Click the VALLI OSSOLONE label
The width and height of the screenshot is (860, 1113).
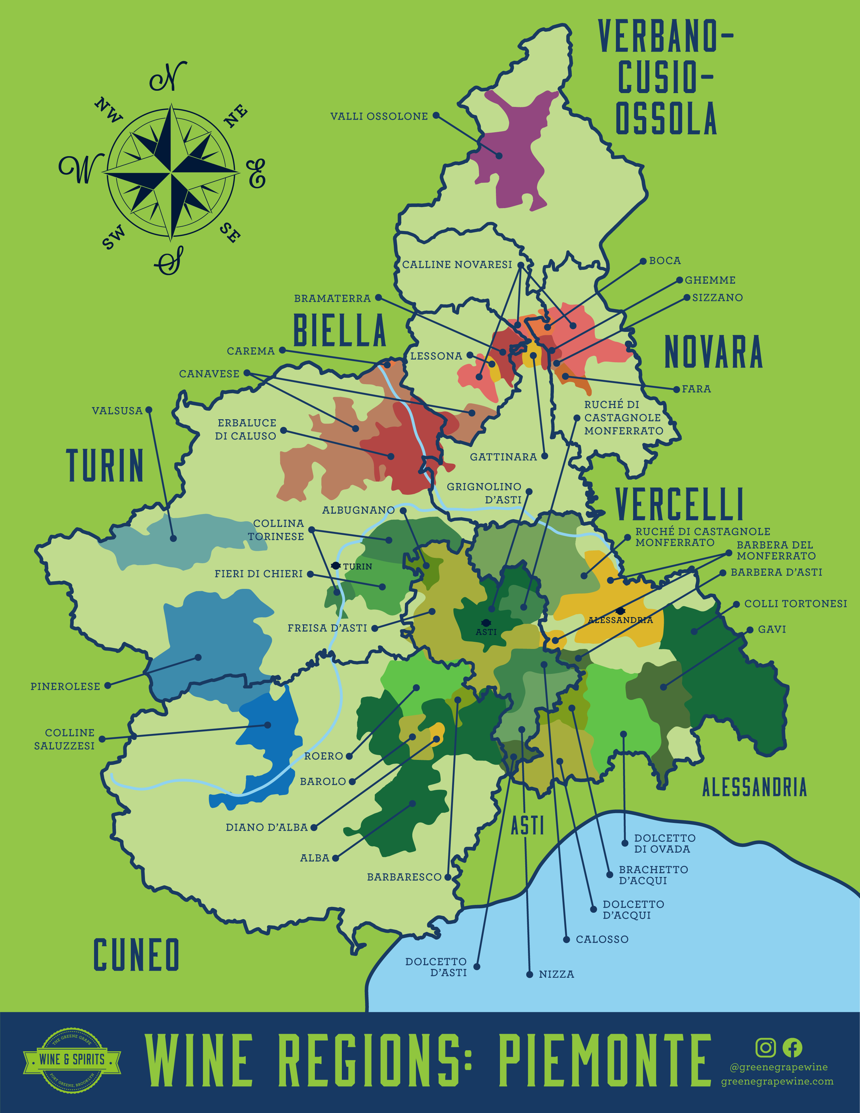click(x=379, y=116)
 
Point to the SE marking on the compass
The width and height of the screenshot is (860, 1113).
click(x=230, y=233)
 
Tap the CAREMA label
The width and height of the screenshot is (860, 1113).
click(x=251, y=351)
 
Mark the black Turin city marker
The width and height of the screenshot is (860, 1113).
click(x=335, y=566)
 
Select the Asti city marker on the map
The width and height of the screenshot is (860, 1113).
click(x=486, y=623)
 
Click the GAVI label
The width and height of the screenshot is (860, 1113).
click(x=772, y=629)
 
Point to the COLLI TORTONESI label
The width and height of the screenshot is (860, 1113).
click(x=795, y=604)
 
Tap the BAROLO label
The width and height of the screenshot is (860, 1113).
click(x=323, y=781)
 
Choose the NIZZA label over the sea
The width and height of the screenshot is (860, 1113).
click(x=556, y=974)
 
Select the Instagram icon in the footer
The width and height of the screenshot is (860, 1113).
click(x=765, y=1048)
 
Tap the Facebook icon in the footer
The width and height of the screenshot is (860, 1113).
click(x=792, y=1048)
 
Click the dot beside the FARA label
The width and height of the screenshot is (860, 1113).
click(x=677, y=389)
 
